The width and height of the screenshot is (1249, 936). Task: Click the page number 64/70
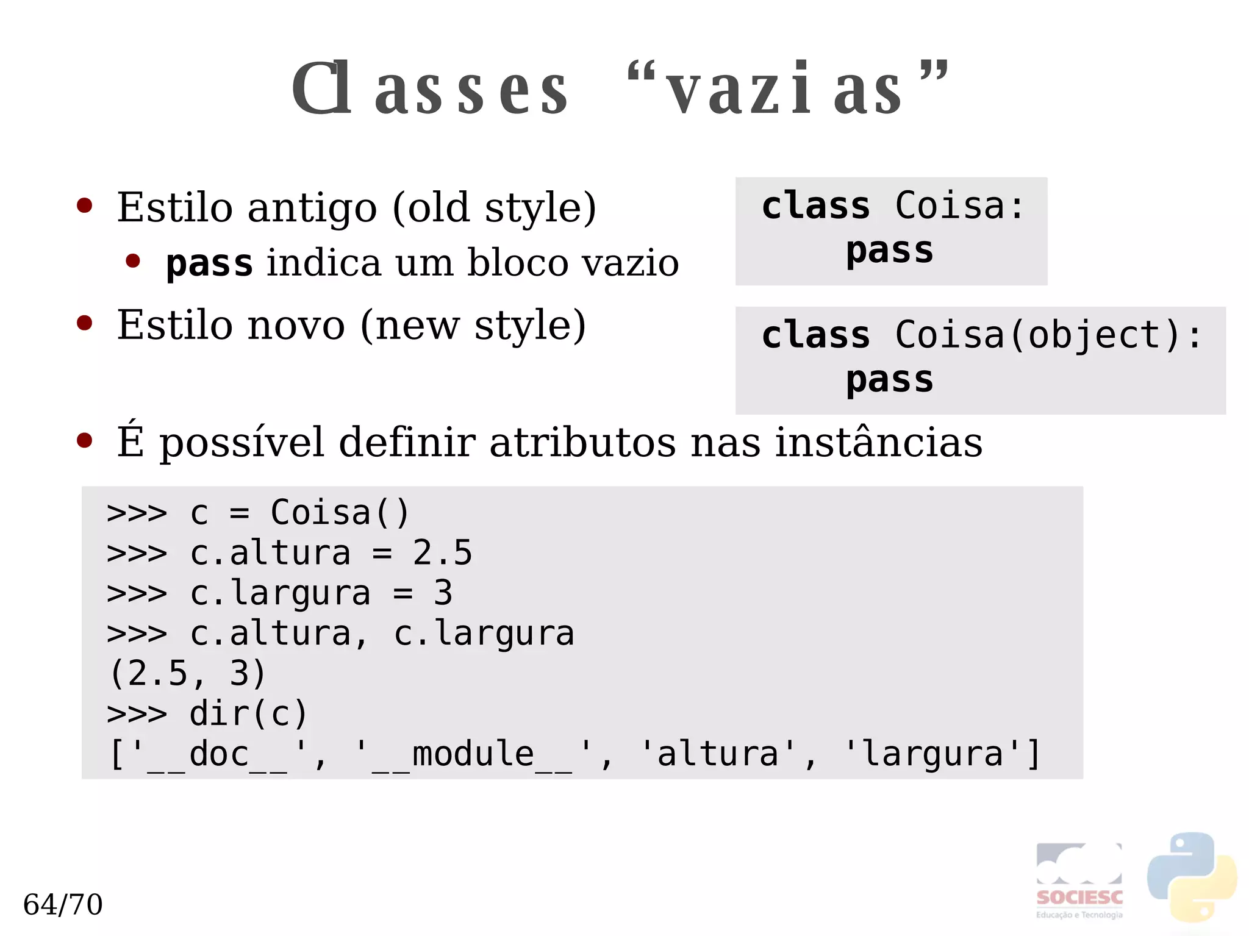tap(63, 904)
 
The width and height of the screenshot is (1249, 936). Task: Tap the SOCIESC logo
tap(1079, 881)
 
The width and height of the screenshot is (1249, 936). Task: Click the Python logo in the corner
tap(1192, 877)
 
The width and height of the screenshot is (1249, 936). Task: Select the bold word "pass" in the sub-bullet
tap(209, 263)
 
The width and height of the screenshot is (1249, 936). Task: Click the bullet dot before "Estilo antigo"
tap(84, 206)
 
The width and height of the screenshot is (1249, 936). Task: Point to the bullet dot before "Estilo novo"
tap(84, 323)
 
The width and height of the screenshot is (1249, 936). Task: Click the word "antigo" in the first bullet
tap(312, 209)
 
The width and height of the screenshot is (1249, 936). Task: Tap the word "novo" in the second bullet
tap(296, 326)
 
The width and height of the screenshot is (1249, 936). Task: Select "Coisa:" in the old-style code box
tap(959, 205)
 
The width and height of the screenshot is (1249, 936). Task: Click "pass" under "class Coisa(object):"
tap(889, 380)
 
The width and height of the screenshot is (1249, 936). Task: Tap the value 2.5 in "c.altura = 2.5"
tap(442, 552)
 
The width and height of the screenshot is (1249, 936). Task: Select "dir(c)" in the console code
tap(248, 713)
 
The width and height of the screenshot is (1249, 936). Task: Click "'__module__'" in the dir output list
tap(473, 754)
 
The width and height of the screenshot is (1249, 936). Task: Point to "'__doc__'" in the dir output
tap(218, 754)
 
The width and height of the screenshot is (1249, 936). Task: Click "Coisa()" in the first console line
tap(340, 512)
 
